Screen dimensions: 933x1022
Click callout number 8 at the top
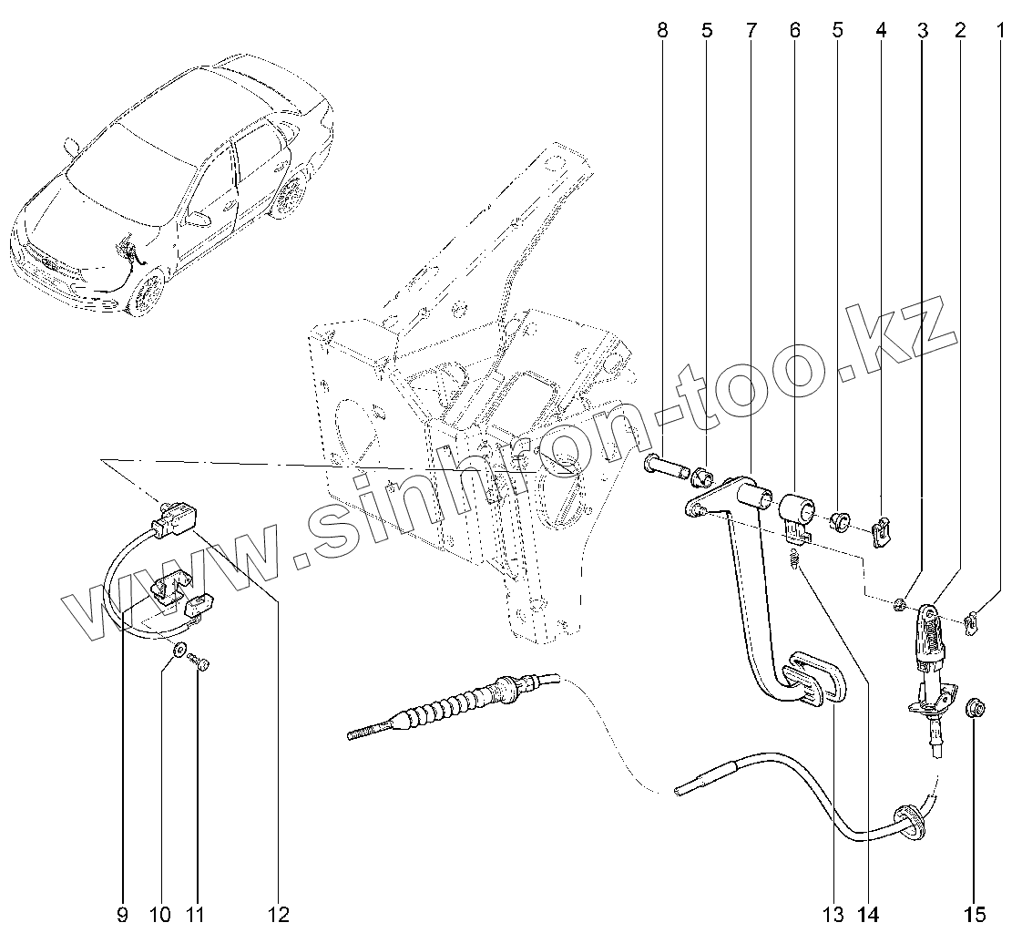pyautogui.click(x=662, y=31)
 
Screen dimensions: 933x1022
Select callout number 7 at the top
pyautogui.click(x=751, y=31)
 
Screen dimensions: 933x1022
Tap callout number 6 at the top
pyautogui.click(x=794, y=31)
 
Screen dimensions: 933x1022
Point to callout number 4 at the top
pyautogui.click(x=881, y=31)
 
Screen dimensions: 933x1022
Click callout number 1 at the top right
pyautogui.click(x=1001, y=31)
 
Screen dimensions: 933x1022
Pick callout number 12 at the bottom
pyautogui.click(x=278, y=913)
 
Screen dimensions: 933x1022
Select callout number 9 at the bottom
pyautogui.click(x=122, y=913)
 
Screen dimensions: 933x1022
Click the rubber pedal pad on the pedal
pyautogui.click(x=813, y=679)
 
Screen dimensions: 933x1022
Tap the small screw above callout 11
pyautogui.click(x=201, y=666)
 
